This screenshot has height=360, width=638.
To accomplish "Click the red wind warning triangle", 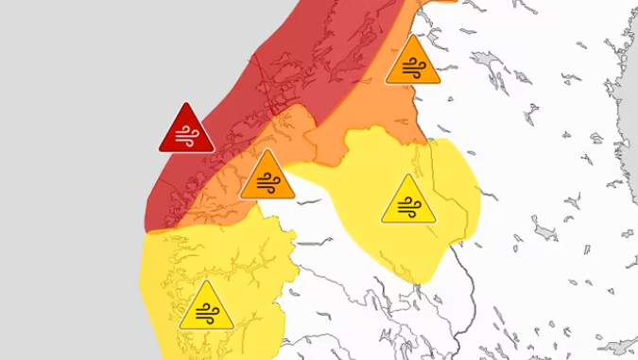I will click(x=186, y=130).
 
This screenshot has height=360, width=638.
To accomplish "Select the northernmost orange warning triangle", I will click(x=413, y=64).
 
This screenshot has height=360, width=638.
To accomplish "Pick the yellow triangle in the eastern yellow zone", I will click(x=409, y=201).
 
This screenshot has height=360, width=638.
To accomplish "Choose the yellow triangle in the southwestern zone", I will click(x=206, y=308).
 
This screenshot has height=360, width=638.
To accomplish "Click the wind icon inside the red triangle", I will click(x=186, y=135).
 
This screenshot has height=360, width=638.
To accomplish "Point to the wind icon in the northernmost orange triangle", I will click(x=413, y=68).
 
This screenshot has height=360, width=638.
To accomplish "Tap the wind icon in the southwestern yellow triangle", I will click(x=206, y=313).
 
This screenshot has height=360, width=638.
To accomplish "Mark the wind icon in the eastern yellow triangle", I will click(x=409, y=206).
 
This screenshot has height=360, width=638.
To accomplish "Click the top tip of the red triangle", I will click(x=186, y=105).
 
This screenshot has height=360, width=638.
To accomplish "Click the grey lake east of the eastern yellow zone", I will click(x=545, y=231).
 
